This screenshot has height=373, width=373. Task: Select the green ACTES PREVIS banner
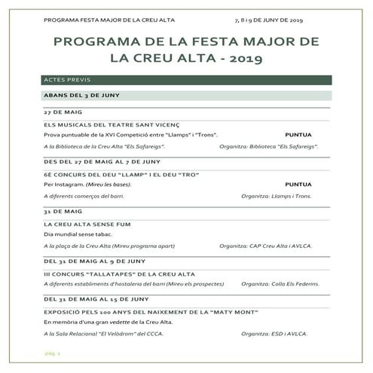click(186, 79)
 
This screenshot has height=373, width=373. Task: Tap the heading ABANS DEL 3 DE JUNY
click(82, 95)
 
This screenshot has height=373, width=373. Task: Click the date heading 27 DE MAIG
click(63, 112)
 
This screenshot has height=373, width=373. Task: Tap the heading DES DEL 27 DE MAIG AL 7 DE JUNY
click(102, 161)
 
